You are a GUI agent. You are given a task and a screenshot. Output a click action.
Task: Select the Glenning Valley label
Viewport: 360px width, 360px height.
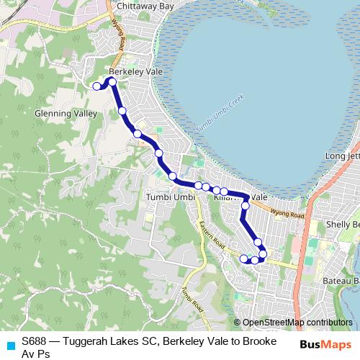coord(65,114)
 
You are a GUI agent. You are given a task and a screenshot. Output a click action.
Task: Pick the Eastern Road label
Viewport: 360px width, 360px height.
coord(213,235)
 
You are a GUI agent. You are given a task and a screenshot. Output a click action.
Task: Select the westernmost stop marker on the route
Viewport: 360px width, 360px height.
coord(96,86)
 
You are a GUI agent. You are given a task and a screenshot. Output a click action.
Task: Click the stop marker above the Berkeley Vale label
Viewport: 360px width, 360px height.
coord(112,81)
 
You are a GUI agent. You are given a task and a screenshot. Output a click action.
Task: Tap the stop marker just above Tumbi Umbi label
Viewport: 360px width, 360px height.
coord(172,176)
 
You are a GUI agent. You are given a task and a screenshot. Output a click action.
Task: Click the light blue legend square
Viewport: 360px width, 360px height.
coord(10,346)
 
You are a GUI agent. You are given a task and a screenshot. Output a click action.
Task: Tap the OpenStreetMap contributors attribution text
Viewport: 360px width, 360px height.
coord(297,323)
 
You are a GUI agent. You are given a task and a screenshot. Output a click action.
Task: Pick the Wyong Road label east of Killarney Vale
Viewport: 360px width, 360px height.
coord(288,212)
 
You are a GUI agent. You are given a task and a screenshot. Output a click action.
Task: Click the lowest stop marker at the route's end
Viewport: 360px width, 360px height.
coord(254,260)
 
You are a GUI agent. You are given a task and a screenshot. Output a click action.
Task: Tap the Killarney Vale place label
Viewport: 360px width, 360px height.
coord(245,197)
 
